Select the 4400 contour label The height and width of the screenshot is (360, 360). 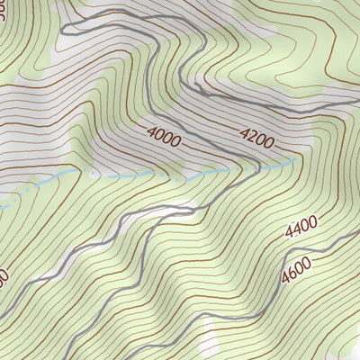[x=301, y=230]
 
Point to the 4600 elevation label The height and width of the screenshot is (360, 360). [x=295, y=267]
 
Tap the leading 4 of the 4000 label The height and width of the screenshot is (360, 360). [x=151, y=134]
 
